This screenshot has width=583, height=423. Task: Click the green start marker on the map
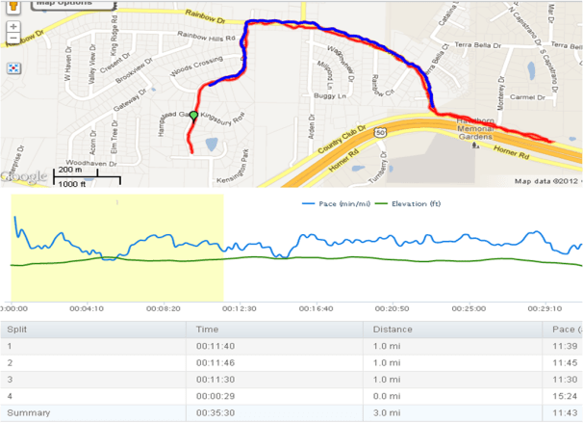pos(193,117)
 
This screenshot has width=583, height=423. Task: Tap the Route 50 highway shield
pos(382,130)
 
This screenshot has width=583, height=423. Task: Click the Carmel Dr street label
pos(527,97)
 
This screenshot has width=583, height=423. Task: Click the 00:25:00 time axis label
pos(469,308)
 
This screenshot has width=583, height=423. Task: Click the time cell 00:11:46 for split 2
pos(214,362)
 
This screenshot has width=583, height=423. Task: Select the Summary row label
pos(28,413)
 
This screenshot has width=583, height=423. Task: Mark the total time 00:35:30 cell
pos(214,413)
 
